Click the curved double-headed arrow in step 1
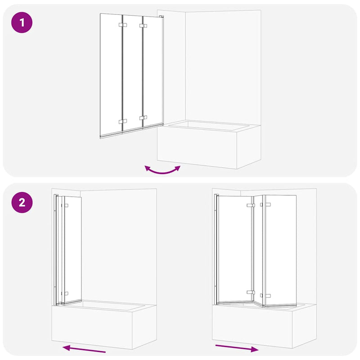point(162,170)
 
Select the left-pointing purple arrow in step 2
point(84,349)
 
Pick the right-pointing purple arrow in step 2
point(237,348)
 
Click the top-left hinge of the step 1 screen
point(122,25)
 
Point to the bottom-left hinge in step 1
point(122,121)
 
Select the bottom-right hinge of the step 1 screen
point(143,118)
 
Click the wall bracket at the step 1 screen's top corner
point(161,18)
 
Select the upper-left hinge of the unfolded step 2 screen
point(250,205)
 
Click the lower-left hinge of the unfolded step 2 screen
point(250,292)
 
